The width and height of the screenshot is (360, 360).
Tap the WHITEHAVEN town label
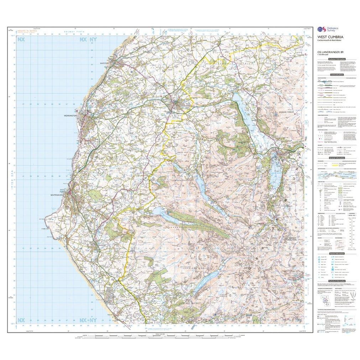point(57,195)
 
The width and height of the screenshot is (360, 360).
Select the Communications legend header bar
point(338,75)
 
